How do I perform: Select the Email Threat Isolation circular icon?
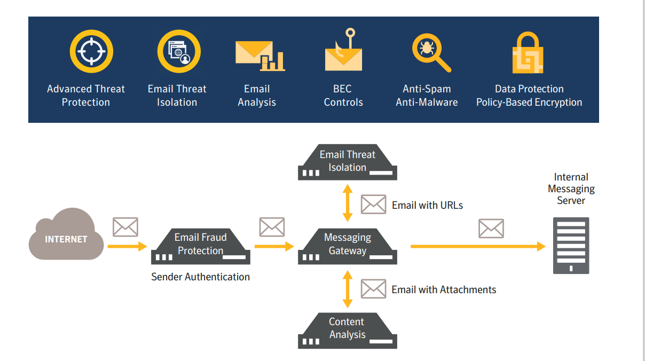[x=178, y=52]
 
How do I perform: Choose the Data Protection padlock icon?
[x=528, y=53]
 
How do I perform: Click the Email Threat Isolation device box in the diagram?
[x=347, y=162]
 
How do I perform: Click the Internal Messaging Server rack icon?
[x=571, y=245]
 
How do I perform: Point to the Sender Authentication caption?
[x=200, y=277]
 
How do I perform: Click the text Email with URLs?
[x=427, y=205]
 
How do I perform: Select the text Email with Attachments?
[x=444, y=289]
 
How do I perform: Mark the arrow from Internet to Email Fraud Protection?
[x=127, y=246]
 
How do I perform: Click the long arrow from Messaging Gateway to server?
[x=477, y=246]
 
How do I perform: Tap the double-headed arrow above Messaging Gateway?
[x=348, y=203]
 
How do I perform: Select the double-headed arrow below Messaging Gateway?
[x=348, y=289]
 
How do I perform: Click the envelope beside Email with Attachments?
[x=373, y=289]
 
